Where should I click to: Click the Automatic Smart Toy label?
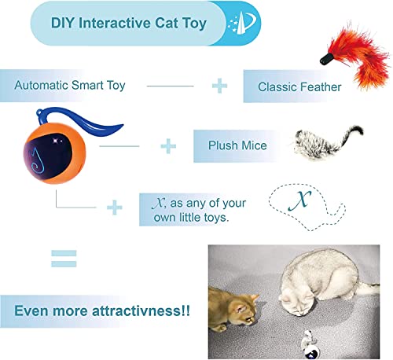click(x=69, y=84)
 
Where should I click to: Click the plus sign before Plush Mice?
click(x=167, y=145)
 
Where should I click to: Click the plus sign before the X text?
click(x=116, y=206)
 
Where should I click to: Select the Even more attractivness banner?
click(x=95, y=310)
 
